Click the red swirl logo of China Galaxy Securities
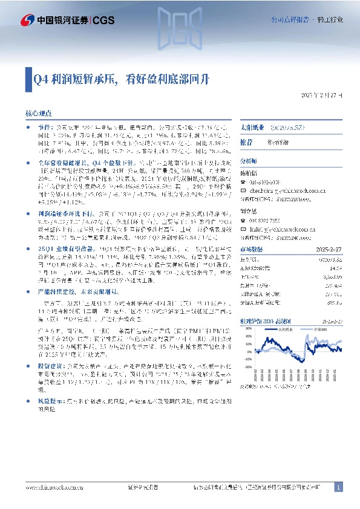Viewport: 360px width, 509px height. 27,21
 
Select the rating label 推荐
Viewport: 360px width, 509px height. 246,141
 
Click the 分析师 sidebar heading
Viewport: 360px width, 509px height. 249,161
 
